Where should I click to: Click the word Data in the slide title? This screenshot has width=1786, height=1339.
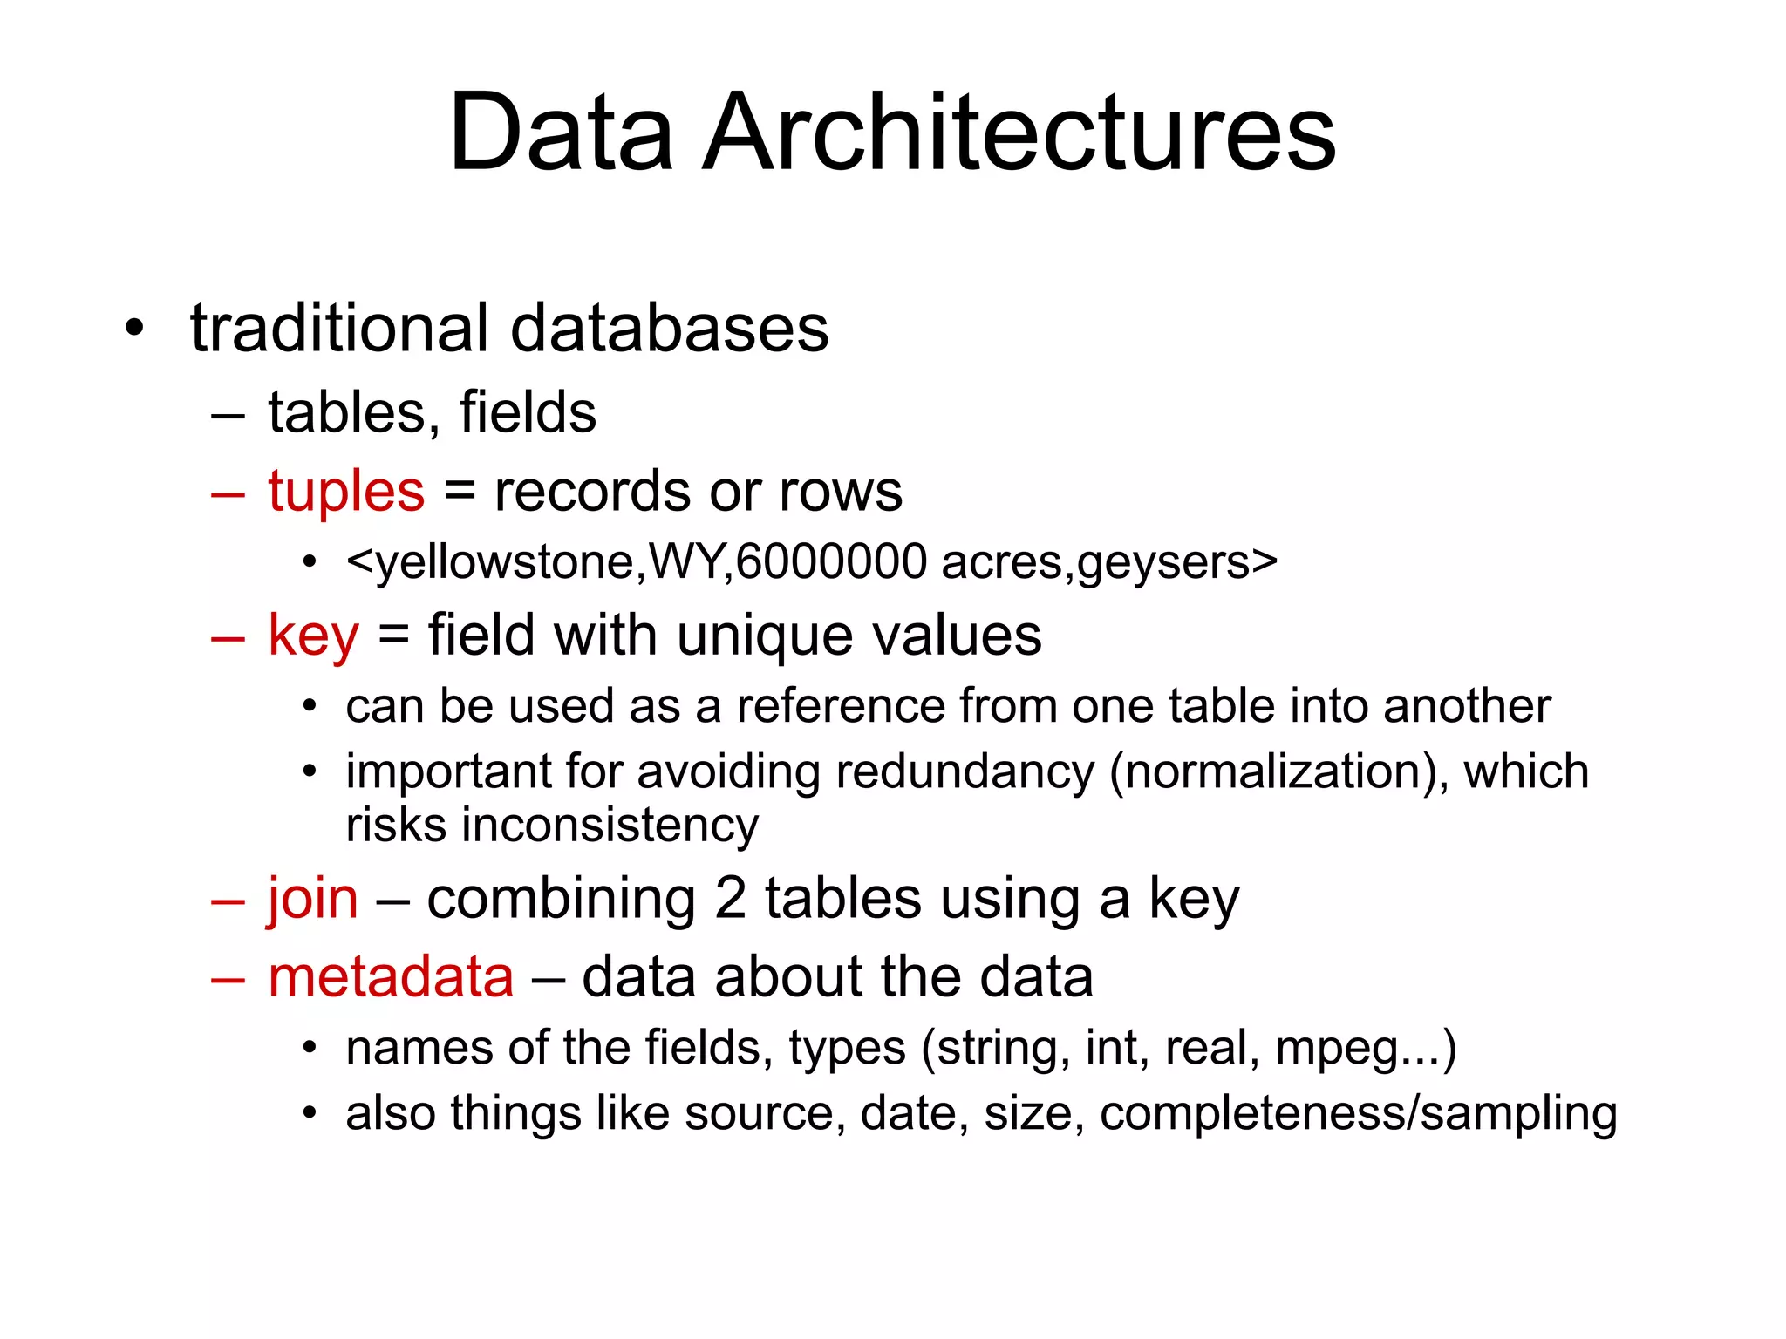tap(561, 133)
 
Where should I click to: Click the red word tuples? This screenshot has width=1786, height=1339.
tap(346, 492)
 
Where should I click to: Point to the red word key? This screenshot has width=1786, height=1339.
tap(313, 636)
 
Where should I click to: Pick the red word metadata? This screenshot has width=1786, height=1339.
tap(391, 976)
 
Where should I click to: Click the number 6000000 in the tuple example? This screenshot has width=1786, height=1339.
tap(831, 561)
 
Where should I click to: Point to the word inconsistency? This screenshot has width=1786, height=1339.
tap(610, 825)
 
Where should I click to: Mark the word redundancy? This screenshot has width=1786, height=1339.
tap(965, 773)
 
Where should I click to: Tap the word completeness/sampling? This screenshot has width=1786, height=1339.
tap(1358, 1114)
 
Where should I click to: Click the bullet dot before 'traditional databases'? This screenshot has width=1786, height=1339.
tap(133, 330)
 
